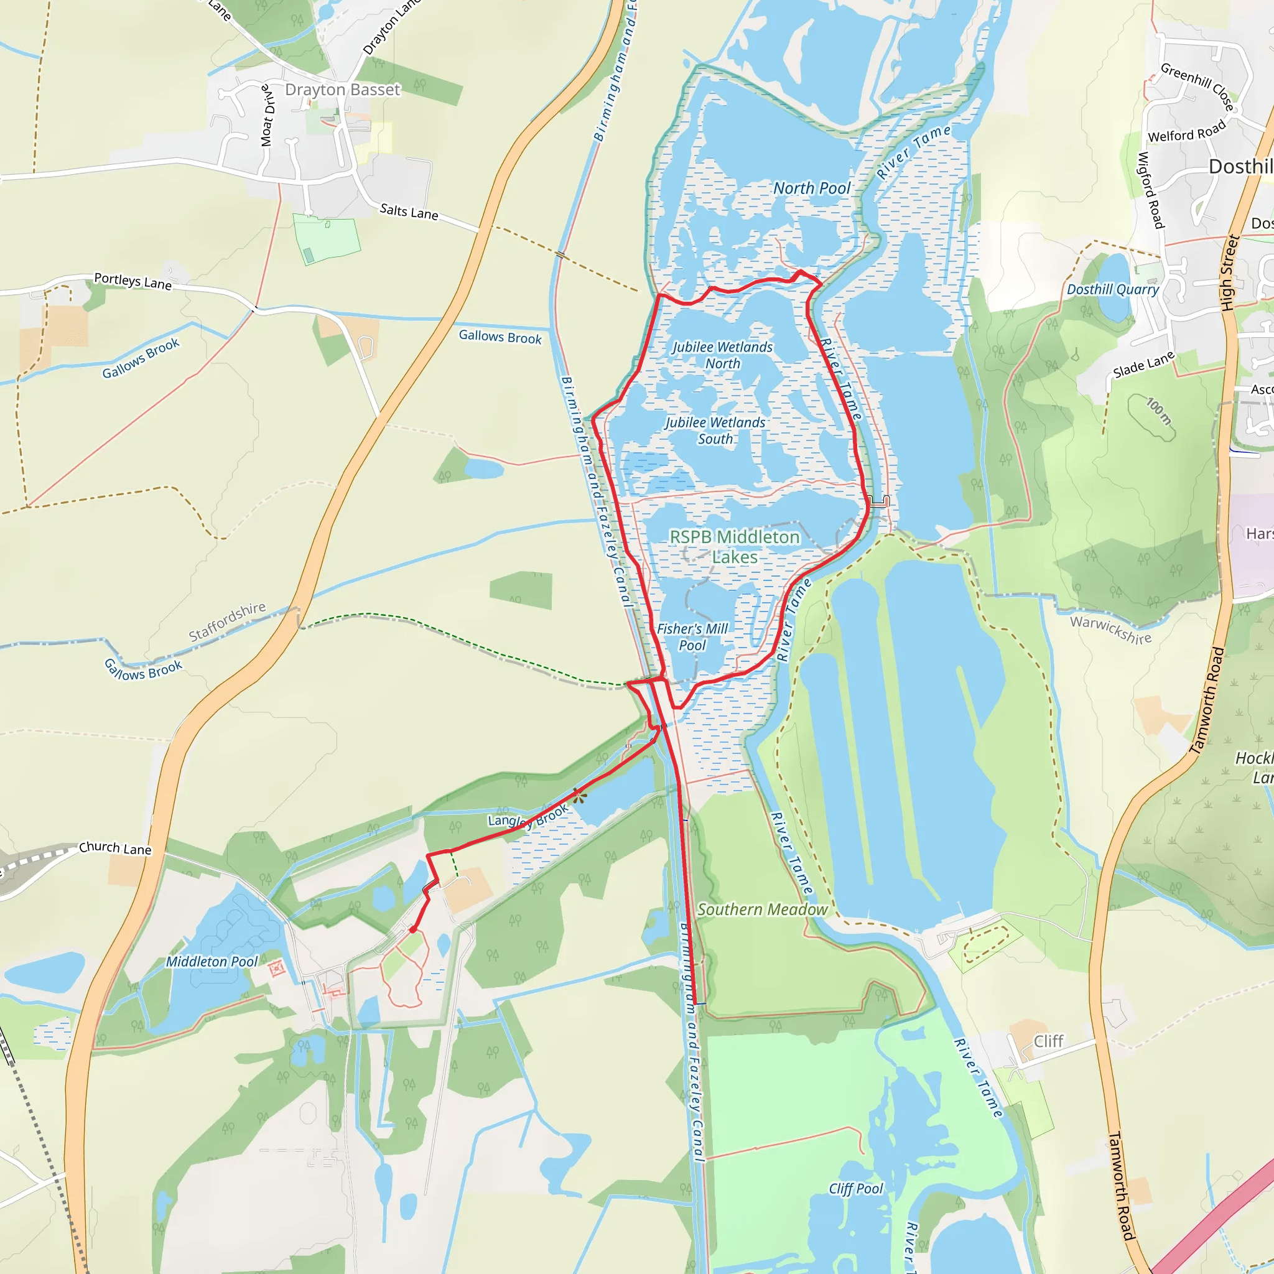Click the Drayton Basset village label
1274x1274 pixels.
[x=342, y=90]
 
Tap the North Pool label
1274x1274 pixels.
[x=812, y=188]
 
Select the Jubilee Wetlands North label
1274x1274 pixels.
[x=722, y=355]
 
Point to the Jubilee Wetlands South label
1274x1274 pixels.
[x=715, y=430]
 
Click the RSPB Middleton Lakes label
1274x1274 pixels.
[x=735, y=547]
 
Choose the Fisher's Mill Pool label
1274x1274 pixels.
[x=692, y=637]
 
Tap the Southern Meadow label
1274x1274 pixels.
[x=762, y=909]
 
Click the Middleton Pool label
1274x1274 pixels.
[x=212, y=962]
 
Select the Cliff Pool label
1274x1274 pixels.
[x=855, y=1188]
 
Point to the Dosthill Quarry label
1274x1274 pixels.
[x=1112, y=289]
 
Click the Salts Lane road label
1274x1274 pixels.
[x=409, y=212]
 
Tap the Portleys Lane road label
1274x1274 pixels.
[x=133, y=281]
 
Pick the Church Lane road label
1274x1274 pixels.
[x=116, y=848]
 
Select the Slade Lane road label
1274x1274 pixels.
[x=1143, y=364]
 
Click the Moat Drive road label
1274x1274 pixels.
[x=266, y=116]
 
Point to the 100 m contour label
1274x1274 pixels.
[x=1158, y=411]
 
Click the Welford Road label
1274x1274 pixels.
[x=1186, y=131]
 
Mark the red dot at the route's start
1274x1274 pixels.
[x=413, y=930]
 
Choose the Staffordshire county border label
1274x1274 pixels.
[x=228, y=621]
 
